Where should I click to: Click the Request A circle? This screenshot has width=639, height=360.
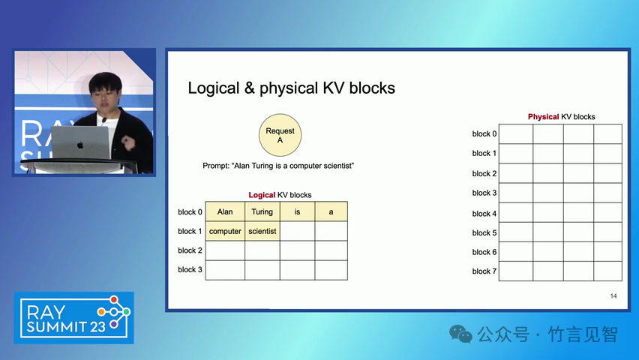point(280,135)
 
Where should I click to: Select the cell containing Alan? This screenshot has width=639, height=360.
point(225,211)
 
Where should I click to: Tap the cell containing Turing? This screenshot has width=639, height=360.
point(262,211)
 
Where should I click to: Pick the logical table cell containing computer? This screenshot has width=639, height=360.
point(225,231)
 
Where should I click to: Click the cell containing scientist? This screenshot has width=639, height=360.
point(262,231)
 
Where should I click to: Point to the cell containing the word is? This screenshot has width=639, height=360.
point(297,211)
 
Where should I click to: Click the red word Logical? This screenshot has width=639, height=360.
point(262,195)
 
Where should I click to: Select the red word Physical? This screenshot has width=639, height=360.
point(543,116)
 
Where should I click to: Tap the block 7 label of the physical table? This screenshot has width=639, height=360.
point(484,271)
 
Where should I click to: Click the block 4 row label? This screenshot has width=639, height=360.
point(484,214)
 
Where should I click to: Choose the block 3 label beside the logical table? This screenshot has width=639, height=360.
point(190,269)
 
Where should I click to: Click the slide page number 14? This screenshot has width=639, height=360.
point(613,296)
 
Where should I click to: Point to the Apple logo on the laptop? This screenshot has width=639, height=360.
point(80,145)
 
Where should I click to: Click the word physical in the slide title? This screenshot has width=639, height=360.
point(289,88)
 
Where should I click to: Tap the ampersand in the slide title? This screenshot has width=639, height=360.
point(250,88)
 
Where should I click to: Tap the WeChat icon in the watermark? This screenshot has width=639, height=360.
point(460,334)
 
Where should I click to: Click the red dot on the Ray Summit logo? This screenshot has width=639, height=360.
point(114,300)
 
